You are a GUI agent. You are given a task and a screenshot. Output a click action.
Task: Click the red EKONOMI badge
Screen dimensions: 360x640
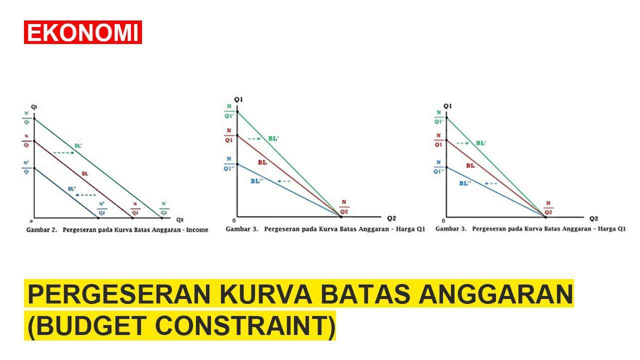coord(83,32)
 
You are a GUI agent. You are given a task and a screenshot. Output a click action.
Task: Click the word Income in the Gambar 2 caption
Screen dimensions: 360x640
coord(197,230)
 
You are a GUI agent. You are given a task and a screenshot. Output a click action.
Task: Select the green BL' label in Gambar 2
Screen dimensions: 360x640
coord(78,146)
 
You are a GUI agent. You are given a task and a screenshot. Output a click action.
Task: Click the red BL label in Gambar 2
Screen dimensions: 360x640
coord(85,173)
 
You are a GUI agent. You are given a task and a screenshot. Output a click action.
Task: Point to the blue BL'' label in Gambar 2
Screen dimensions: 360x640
coord(72,189)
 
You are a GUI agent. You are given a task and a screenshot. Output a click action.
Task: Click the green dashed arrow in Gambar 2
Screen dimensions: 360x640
coord(63,152)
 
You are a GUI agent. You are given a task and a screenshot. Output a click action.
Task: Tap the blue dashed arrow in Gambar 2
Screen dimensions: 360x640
coord(88,194)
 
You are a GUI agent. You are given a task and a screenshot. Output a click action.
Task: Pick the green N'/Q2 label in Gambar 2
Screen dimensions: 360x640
coord(164,208)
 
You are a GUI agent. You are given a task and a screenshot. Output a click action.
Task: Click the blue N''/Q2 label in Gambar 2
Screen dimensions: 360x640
coord(101,208)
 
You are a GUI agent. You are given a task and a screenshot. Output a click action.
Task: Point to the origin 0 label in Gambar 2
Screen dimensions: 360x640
coord(31,220)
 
